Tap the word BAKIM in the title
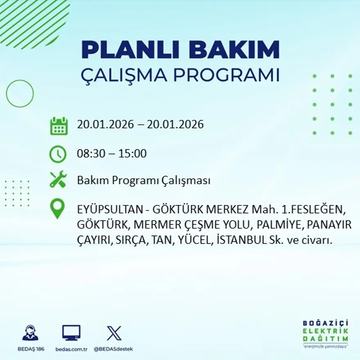click(x=234, y=50)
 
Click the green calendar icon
click(x=59, y=126)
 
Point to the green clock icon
click(x=58, y=154)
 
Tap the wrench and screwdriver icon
click(x=58, y=180)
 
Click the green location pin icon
click(x=57, y=208)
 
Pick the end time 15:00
click(x=133, y=154)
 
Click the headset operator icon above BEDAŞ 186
click(x=30, y=333)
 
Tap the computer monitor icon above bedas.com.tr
click(x=71, y=333)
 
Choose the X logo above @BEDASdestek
click(x=114, y=333)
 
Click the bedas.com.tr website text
click(x=71, y=349)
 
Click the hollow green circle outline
click(x=20, y=94)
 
